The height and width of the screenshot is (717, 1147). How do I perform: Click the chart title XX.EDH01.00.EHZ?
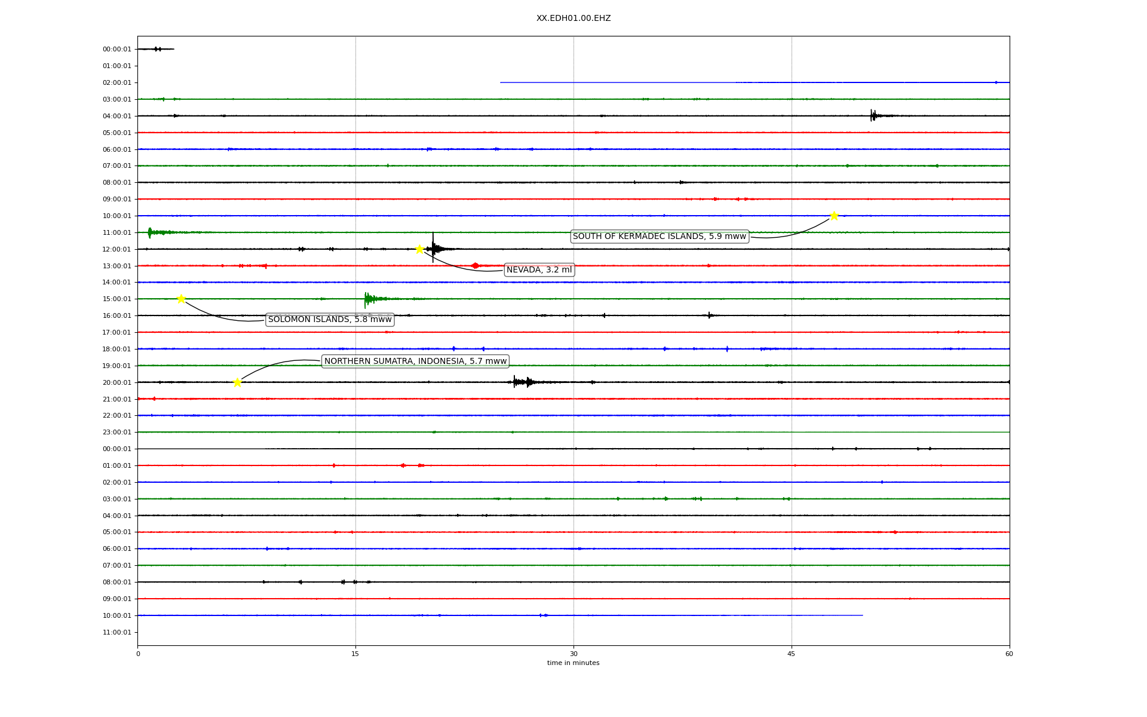573,19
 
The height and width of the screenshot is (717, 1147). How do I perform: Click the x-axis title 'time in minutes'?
573,663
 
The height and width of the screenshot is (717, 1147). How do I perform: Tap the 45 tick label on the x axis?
792,654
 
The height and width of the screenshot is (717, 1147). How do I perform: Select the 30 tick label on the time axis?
573,654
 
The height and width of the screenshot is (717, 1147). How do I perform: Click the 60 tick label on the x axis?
1009,654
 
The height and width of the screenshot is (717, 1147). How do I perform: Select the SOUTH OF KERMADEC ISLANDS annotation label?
660,237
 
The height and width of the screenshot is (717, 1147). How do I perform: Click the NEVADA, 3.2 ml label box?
539,270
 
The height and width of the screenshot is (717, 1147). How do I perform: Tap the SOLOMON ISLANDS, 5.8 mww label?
330,320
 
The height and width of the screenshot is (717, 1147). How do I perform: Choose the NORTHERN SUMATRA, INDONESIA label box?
415,361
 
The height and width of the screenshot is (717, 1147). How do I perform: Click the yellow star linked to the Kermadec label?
834,216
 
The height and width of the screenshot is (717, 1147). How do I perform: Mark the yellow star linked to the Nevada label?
419,249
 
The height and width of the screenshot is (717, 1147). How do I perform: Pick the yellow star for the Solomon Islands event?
181,299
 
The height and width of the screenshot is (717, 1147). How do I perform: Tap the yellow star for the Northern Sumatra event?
237,382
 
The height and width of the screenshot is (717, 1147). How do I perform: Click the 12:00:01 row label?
116,249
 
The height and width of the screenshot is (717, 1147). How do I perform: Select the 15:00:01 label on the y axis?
116,299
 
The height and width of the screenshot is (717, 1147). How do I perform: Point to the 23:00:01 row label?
116,432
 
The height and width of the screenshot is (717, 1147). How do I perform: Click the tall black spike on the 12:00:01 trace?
433,247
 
